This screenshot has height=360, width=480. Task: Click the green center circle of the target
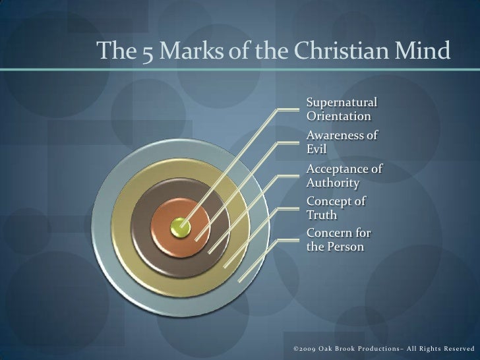[x=180, y=228]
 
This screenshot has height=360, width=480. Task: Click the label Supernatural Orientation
[x=342, y=109]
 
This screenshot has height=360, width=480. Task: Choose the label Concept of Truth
[x=337, y=208]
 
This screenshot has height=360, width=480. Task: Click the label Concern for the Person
[x=338, y=241]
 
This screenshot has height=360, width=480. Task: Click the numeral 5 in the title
[x=146, y=49]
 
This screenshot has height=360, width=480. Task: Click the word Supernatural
[x=342, y=103]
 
